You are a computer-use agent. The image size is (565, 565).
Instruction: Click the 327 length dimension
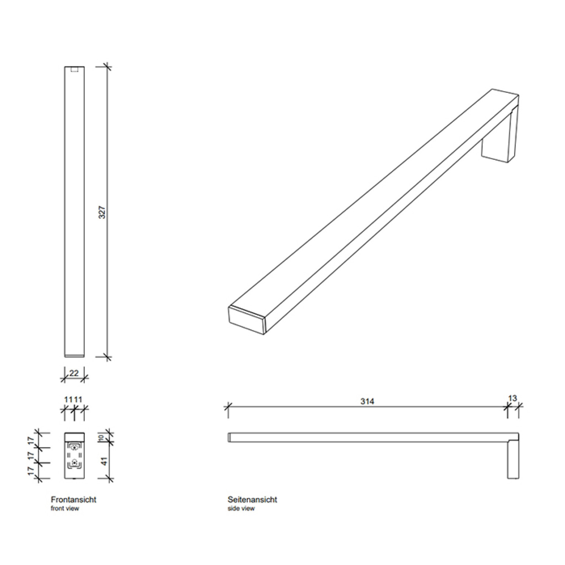click(103, 212)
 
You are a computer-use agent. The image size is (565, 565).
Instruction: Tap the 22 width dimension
click(74, 373)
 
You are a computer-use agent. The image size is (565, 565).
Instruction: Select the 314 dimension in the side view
click(367, 401)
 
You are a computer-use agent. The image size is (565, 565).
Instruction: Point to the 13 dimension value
click(512, 398)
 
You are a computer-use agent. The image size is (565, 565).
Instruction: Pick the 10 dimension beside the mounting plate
click(102, 438)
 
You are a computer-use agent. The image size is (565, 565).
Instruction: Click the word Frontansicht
click(73, 500)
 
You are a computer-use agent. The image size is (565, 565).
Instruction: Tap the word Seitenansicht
click(252, 500)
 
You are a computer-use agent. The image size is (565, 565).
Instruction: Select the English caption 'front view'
click(65, 509)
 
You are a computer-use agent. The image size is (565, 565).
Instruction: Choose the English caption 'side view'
click(241, 509)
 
